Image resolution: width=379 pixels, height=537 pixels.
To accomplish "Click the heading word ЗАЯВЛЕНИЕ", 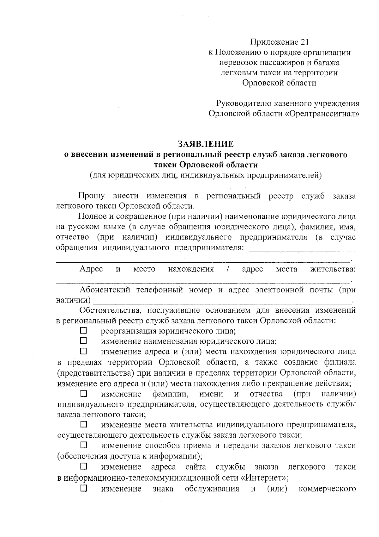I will click(x=206, y=144).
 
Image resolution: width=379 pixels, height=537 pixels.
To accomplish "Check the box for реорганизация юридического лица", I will click(x=83, y=331).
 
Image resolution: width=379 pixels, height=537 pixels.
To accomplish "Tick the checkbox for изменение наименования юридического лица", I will click(x=83, y=341).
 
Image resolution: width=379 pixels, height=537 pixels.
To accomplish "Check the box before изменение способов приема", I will click(x=83, y=445).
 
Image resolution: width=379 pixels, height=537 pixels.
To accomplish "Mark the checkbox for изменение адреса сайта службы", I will click(x=83, y=466).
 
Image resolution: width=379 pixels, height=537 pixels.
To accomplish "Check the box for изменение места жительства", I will click(x=83, y=424).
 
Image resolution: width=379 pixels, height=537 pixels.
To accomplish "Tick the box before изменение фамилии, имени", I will click(x=83, y=394).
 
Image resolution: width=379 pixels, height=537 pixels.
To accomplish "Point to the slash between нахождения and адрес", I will click(x=228, y=269).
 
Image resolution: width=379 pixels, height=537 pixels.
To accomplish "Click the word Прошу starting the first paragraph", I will click(x=91, y=196).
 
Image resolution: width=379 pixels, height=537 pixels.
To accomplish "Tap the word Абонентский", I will click(x=105, y=290).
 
